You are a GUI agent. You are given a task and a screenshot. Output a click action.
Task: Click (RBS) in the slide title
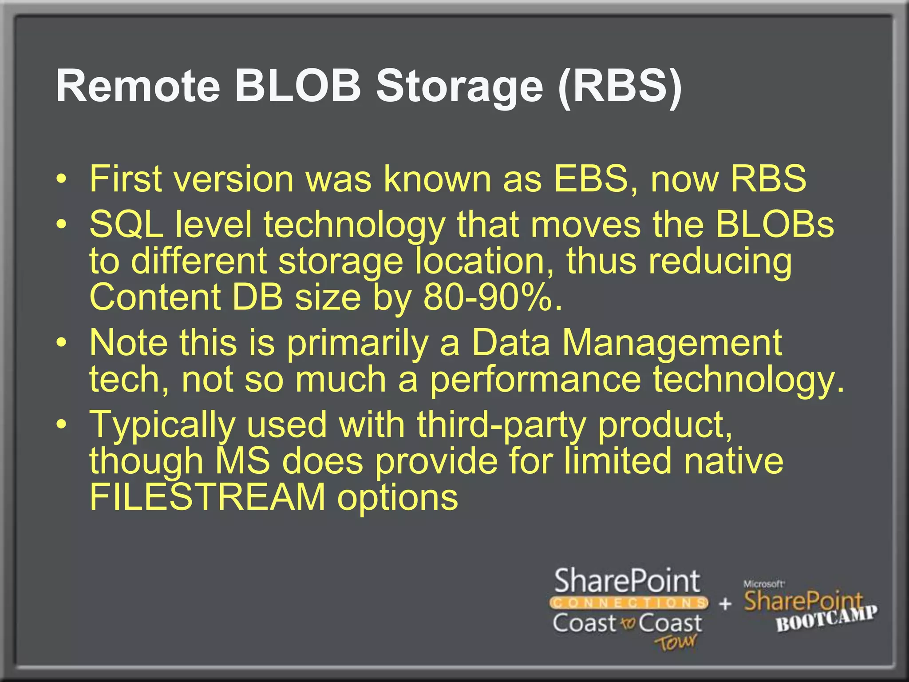pos(620,86)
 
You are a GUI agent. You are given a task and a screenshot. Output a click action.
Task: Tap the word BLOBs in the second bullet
pos(774,224)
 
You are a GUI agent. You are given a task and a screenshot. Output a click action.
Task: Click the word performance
pos(535,380)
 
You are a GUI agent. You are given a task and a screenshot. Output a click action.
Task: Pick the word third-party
pos(501,424)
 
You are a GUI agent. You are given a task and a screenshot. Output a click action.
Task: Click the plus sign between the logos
pos(725,603)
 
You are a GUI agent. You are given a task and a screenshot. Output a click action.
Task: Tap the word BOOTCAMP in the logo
pos(826,618)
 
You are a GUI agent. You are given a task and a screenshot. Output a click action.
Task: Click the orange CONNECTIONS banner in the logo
pos(628,603)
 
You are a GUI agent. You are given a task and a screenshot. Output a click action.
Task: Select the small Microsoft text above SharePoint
pos(763,584)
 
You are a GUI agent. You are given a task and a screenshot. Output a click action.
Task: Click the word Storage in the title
pos(460,86)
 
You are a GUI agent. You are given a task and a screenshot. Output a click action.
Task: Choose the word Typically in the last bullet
pos(162,425)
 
